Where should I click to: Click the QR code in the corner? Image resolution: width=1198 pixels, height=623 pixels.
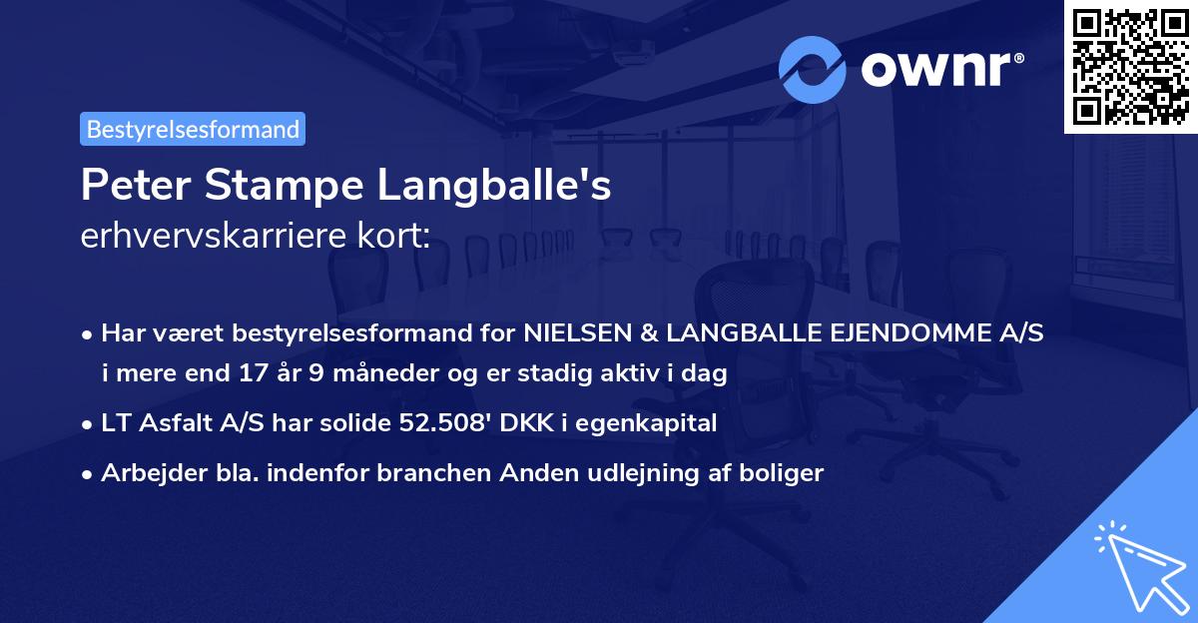1130,67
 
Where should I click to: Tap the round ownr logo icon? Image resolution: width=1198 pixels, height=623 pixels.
813,70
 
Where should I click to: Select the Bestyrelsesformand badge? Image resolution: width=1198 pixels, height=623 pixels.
193,129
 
